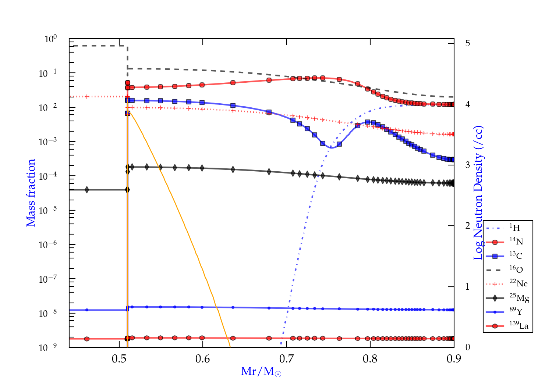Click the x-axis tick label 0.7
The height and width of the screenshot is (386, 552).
click(x=286, y=358)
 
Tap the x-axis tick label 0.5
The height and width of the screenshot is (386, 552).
click(x=119, y=358)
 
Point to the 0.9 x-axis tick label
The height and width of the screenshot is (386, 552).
click(x=454, y=358)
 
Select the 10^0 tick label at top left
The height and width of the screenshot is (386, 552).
click(x=51, y=39)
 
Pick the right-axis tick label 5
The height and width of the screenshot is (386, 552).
click(x=468, y=43)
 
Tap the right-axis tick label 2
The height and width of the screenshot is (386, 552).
click(x=468, y=226)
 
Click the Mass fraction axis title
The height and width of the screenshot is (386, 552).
click(x=31, y=193)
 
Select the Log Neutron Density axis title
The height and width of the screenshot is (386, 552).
click(x=478, y=193)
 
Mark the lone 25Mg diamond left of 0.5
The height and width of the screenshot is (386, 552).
click(x=87, y=190)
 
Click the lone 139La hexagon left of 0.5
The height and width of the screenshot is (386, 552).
click(x=87, y=339)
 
